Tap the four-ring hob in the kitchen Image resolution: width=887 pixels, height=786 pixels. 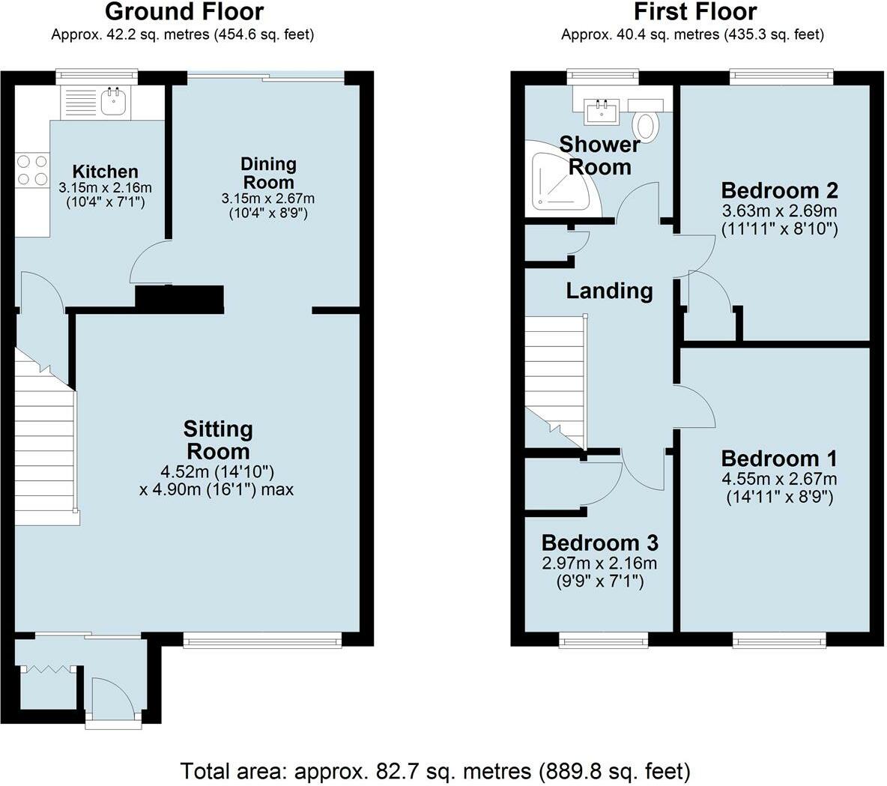(x=32, y=170)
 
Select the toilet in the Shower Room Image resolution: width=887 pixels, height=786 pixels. (x=646, y=126)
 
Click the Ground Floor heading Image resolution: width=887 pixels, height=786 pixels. (x=184, y=11)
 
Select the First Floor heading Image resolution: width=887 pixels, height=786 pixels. (x=695, y=11)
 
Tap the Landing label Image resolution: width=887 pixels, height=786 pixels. (x=609, y=291)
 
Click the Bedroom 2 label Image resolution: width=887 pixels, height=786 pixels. (x=780, y=190)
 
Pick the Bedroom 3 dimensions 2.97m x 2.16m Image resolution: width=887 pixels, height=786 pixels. (x=599, y=563)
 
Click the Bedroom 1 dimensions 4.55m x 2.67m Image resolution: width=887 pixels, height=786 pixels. (x=779, y=479)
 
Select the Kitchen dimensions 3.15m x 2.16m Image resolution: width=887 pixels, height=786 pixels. (x=105, y=187)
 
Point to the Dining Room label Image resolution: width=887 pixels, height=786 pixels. (x=268, y=173)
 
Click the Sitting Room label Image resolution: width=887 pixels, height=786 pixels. (x=218, y=441)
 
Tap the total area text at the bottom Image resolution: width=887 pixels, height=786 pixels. (x=435, y=771)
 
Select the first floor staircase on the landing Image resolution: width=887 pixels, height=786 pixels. (x=557, y=381)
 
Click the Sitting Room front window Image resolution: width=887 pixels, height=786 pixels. (x=262, y=639)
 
